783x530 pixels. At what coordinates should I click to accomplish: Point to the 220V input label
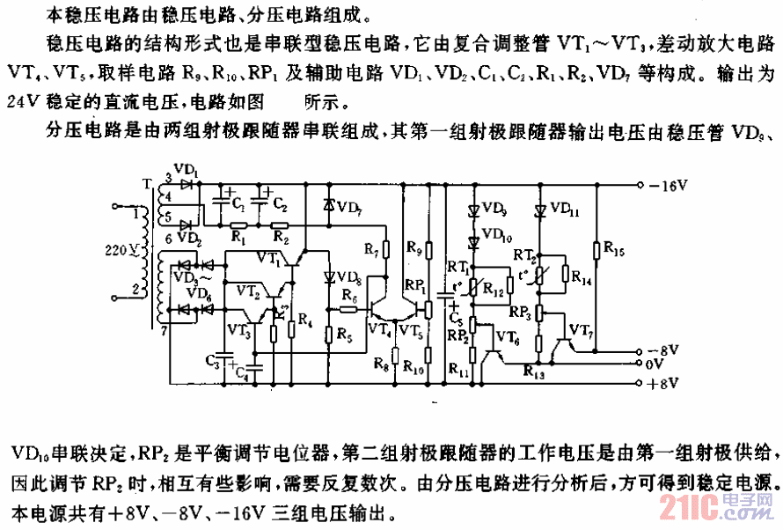[119, 250]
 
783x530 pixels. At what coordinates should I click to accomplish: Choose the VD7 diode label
[349, 209]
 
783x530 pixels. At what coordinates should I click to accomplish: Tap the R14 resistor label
[582, 276]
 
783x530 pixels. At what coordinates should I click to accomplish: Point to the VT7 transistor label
[580, 328]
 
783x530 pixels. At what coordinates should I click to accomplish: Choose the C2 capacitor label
[279, 205]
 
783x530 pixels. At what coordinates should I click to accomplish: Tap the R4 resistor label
[306, 318]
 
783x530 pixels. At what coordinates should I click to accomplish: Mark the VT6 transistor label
[508, 335]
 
